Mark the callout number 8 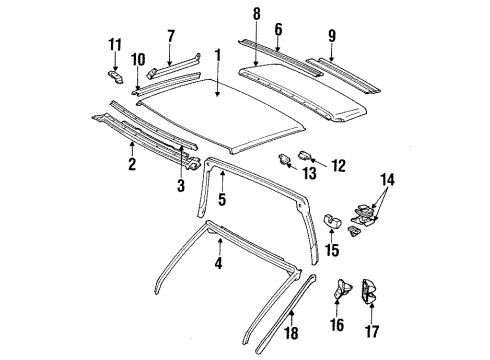(x=257, y=16)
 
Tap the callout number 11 (x=113, y=45)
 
